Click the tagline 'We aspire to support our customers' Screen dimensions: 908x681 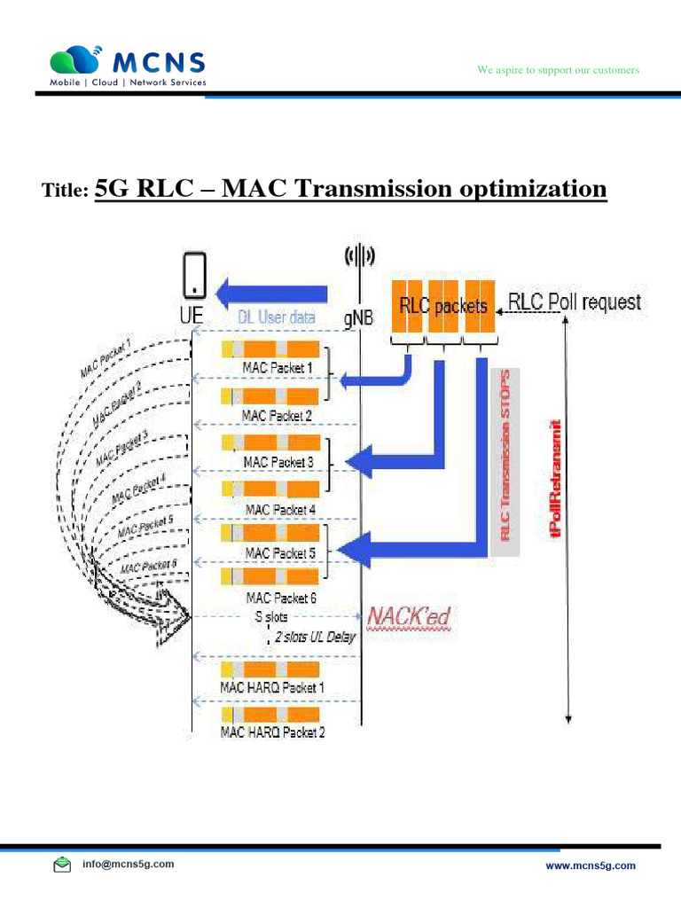pos(559,69)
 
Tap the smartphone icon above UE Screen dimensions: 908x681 pos(193,275)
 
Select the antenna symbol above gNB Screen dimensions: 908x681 pos(359,257)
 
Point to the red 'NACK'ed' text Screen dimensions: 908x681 pos(411,614)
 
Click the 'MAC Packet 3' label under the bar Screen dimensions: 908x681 pos(278,462)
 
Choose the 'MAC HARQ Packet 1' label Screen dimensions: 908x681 pos(272,687)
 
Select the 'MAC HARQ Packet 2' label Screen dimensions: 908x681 pos(272,732)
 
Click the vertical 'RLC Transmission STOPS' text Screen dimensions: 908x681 pos(506,455)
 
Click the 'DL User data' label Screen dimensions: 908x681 pos(277,317)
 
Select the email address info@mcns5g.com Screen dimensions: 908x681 pos(129,864)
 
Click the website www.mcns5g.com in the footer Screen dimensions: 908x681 pos(590,865)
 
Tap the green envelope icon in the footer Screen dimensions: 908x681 pos(62,865)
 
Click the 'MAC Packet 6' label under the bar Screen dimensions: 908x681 pos(278,599)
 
